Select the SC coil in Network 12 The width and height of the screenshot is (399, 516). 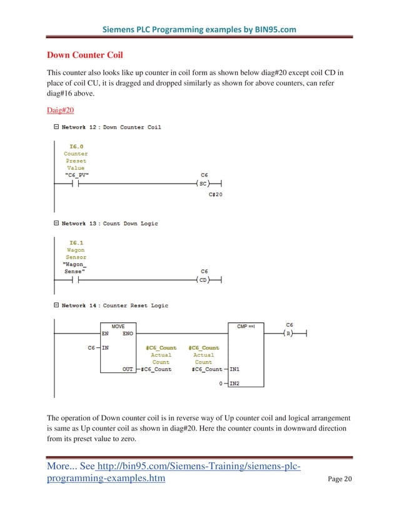tap(204, 184)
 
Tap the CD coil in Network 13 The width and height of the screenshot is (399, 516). tap(204, 280)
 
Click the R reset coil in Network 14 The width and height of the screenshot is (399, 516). tap(289, 334)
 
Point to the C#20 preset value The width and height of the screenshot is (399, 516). tap(216, 196)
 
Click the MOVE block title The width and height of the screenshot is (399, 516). tap(118, 326)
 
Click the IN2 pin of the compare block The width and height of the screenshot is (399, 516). tap(235, 383)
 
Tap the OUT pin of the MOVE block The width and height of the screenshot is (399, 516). tap(128, 369)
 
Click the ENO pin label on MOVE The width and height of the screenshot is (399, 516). tap(128, 334)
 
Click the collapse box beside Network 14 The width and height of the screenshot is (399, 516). tap(56, 305)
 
